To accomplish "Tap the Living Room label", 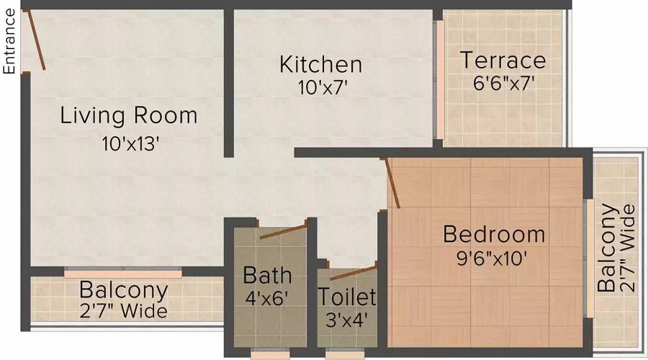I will (128, 115).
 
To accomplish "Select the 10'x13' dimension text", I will (130, 143).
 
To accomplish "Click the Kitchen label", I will (320, 64).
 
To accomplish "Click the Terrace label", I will (503, 60).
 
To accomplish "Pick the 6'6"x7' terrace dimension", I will (503, 82).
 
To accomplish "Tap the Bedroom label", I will (494, 234).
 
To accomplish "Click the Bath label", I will (267, 274).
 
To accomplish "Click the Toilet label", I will (347, 297).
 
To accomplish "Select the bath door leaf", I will (283, 231).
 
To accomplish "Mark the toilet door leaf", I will (353, 272).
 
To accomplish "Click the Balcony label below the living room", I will (124, 291).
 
